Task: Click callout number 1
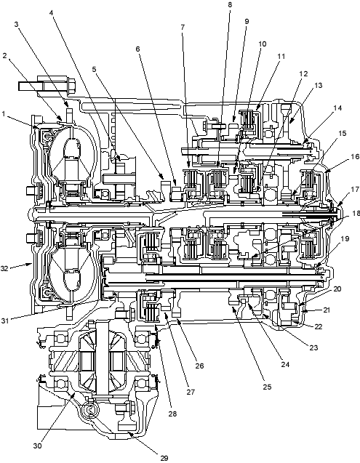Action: coord(4,113)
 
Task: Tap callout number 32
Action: coord(4,268)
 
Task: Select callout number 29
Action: coord(164,458)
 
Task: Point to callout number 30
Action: coord(38,446)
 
